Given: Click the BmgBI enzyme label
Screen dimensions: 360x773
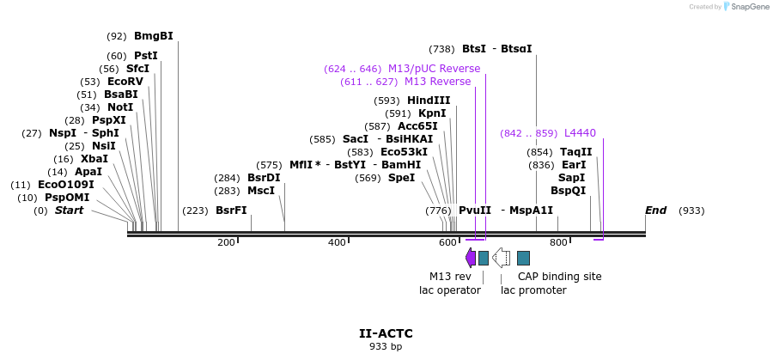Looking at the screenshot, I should [x=153, y=36].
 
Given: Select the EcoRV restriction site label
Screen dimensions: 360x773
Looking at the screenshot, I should [x=125, y=82].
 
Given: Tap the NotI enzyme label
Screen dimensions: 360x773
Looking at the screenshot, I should [x=120, y=107].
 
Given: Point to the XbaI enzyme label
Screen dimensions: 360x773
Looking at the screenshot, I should [x=94, y=159].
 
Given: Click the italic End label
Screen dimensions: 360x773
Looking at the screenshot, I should [x=656, y=211].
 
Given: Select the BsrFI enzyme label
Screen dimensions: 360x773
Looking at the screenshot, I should [x=231, y=211].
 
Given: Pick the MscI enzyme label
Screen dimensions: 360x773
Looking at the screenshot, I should [x=261, y=191].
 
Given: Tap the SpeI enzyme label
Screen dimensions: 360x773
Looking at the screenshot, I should [x=401, y=178].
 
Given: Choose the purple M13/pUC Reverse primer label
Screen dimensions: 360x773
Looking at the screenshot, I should [x=434, y=69].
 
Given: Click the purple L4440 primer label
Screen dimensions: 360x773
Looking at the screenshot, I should [x=580, y=133].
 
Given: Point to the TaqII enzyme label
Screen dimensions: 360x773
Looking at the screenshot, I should [x=575, y=152].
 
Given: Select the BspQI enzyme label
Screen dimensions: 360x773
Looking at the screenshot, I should [x=568, y=191].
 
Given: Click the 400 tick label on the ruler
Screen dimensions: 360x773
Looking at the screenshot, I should [x=337, y=243].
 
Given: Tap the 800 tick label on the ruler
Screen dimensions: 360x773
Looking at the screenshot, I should [x=558, y=243].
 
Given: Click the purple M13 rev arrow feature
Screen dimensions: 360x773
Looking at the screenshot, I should [x=470, y=258].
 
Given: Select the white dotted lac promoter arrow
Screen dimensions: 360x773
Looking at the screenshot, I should [x=502, y=258].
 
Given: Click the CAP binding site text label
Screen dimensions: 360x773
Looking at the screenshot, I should [x=559, y=277].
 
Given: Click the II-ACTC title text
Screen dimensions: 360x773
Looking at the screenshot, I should [x=386, y=333].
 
